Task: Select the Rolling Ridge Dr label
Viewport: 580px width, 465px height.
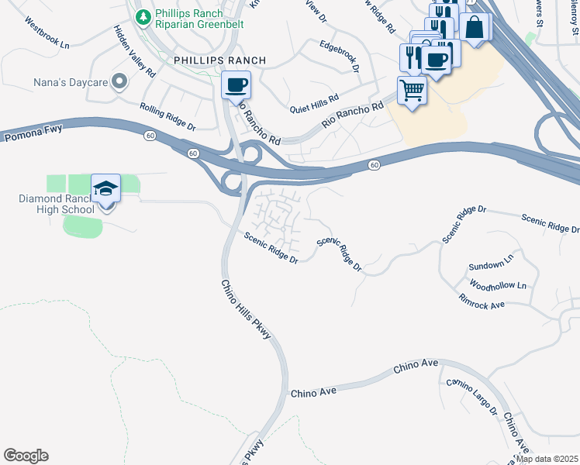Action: [x=167, y=116]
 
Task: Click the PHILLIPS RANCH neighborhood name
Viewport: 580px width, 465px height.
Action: [x=219, y=60]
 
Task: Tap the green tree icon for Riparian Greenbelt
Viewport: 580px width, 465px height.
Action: [x=143, y=17]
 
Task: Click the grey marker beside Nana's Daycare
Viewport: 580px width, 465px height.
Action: [x=119, y=81]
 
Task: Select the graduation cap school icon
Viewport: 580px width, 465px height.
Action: [x=105, y=188]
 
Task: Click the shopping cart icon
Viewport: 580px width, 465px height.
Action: [x=412, y=90]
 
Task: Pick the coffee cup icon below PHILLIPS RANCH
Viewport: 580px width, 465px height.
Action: [x=236, y=84]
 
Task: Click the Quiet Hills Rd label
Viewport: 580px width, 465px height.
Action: [x=314, y=104]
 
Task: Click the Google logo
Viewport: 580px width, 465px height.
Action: [x=26, y=456]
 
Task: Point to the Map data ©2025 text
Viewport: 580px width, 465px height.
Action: [x=547, y=459]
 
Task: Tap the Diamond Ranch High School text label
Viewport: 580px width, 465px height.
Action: [x=57, y=204]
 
